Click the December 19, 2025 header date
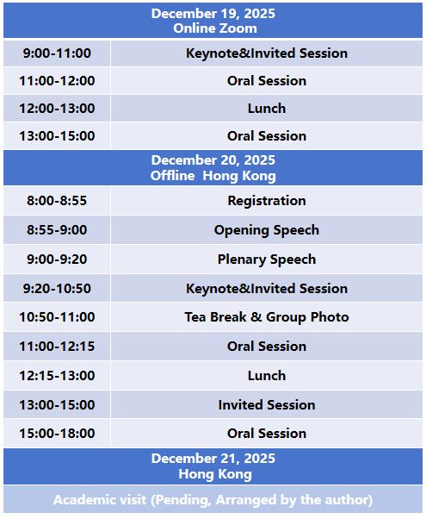[213, 14]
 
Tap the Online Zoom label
[215, 28]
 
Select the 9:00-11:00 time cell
[57, 53]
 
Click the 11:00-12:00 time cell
[57, 81]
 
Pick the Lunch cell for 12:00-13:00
[267, 109]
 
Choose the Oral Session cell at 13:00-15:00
[267, 135]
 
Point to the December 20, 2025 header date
[213, 160]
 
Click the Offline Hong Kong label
[213, 175]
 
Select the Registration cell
[267, 201]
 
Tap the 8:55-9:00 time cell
[57, 229]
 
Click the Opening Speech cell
[267, 230]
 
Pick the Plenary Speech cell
[267, 259]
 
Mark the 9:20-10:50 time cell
[57, 288]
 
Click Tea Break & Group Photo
[267, 317]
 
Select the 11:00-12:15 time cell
[57, 347]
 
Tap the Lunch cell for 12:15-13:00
[267, 375]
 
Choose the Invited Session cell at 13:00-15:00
[267, 405]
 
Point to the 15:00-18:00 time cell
[57, 434]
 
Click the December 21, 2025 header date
[213, 459]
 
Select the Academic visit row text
[213, 500]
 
